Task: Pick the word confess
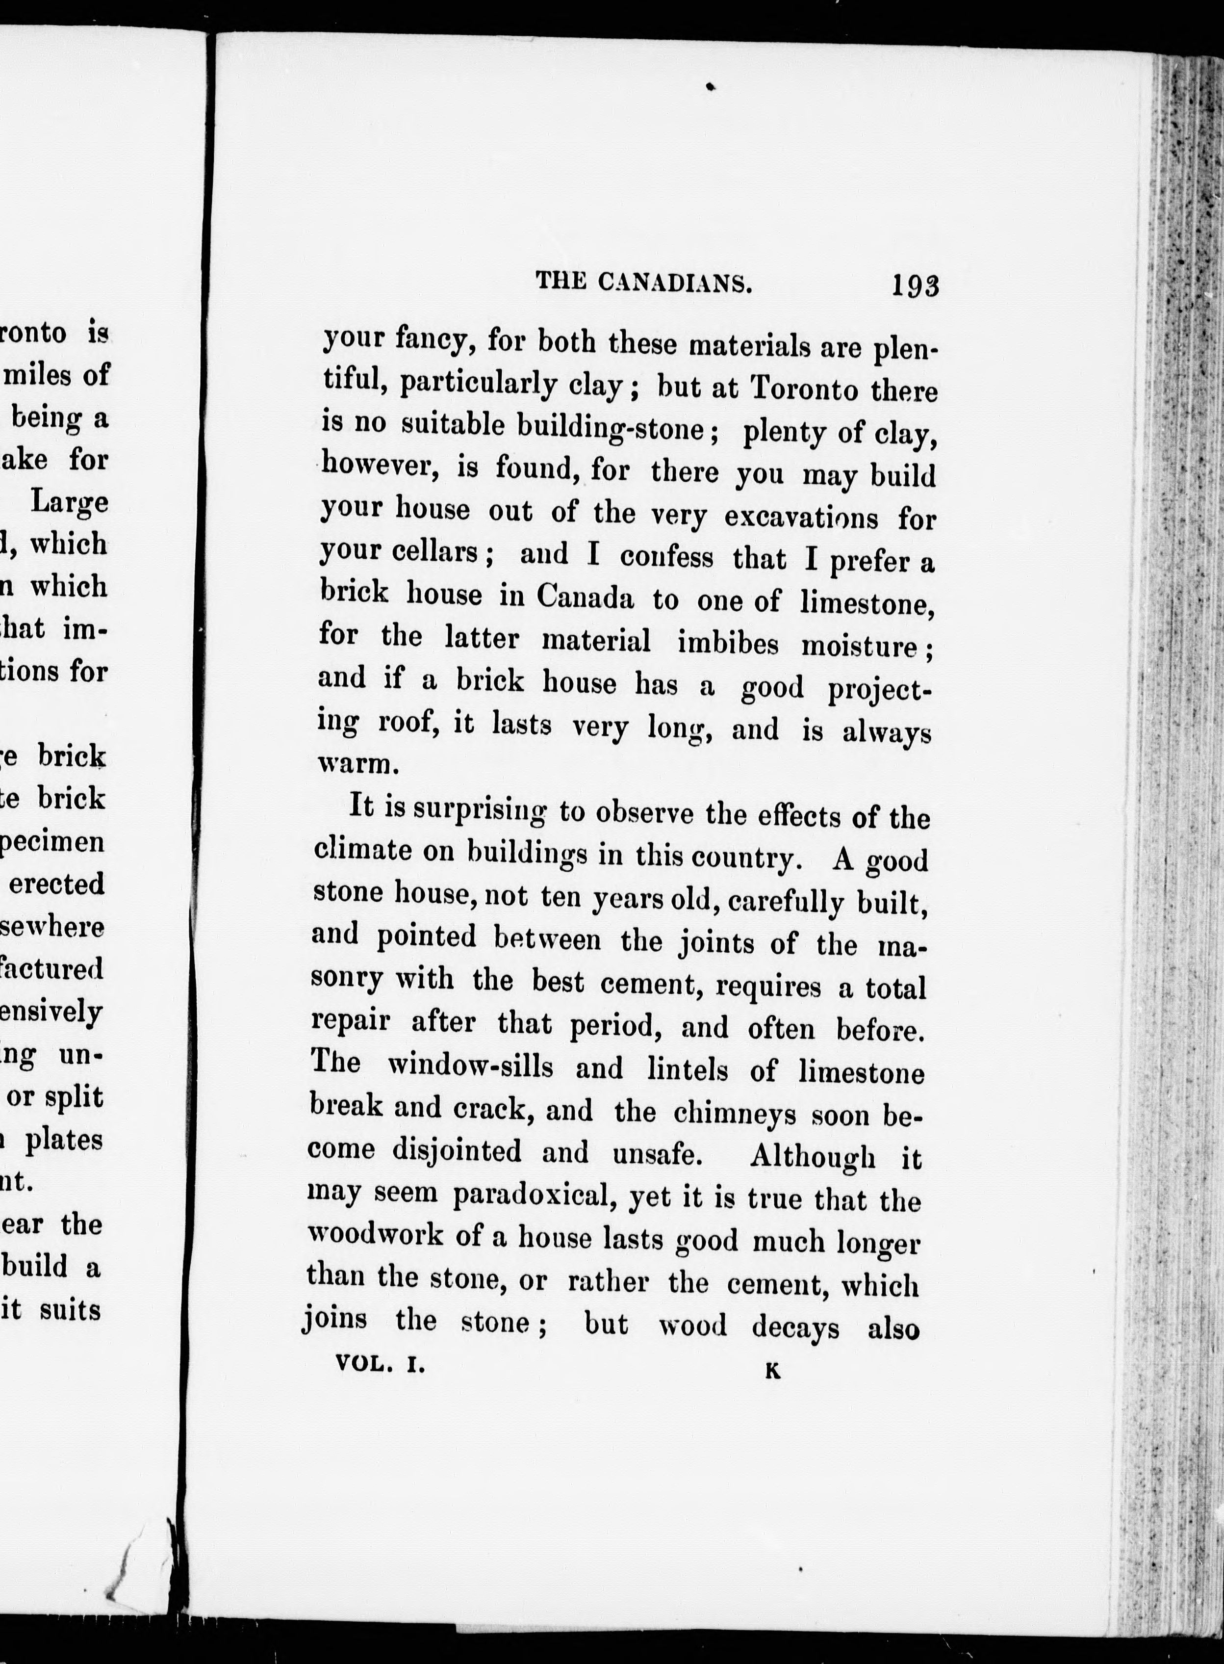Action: coord(666,557)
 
